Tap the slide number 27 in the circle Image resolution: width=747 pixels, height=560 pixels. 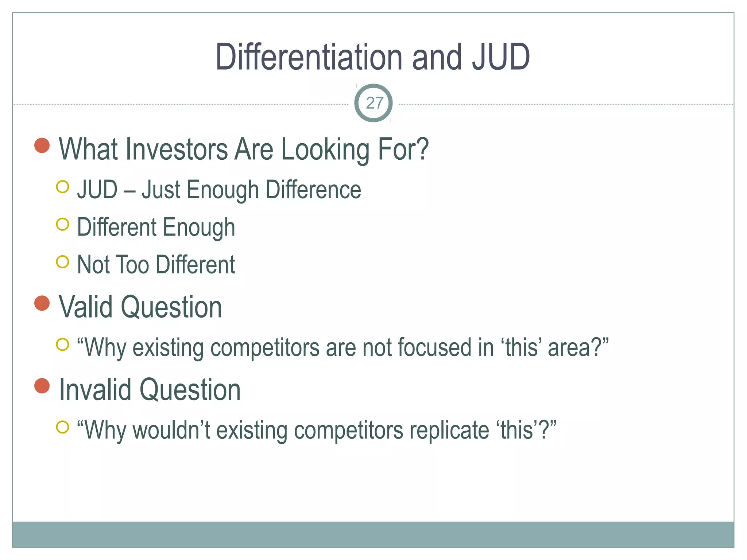click(x=374, y=103)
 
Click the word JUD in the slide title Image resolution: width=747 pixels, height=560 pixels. click(x=500, y=57)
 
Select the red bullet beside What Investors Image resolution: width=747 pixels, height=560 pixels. click(x=42, y=145)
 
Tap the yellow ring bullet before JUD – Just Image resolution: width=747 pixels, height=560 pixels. click(x=63, y=187)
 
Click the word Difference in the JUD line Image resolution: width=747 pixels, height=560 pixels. click(x=313, y=190)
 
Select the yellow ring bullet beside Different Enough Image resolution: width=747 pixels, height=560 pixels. click(x=63, y=224)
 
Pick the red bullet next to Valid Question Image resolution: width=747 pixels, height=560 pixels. click(x=42, y=303)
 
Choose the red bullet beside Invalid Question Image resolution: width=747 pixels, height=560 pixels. click(x=42, y=386)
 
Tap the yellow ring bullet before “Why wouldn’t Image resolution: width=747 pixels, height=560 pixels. click(x=63, y=427)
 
